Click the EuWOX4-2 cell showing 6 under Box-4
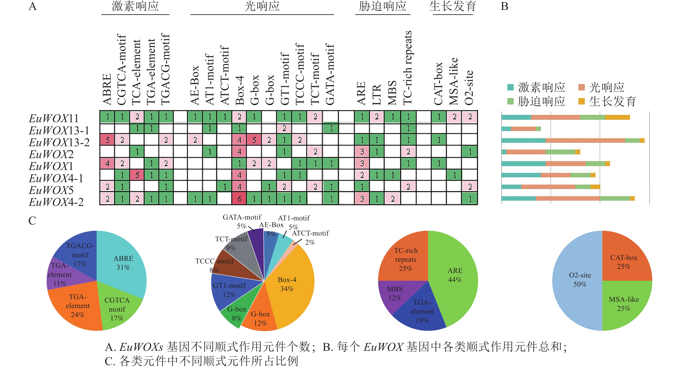[239, 199]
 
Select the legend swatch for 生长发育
[581, 101]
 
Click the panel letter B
[504, 6]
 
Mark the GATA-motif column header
[330, 74]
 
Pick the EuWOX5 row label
[51, 190]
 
